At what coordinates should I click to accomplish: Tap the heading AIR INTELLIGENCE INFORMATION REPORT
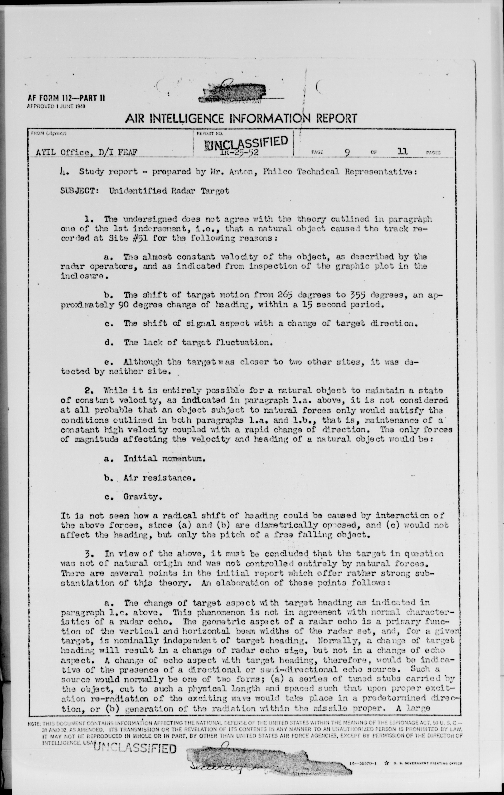241,118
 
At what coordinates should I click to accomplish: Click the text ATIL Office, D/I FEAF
87,153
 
